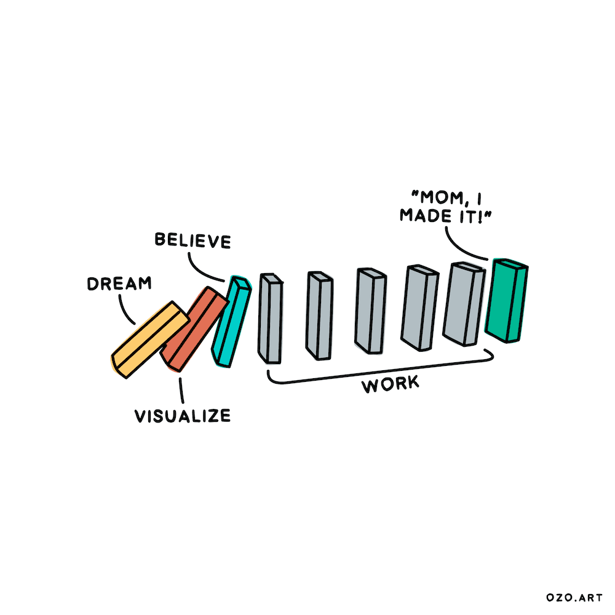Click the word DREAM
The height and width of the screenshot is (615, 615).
tap(119, 284)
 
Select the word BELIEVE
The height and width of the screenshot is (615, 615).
tap(193, 240)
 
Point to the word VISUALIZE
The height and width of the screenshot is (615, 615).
tap(183, 416)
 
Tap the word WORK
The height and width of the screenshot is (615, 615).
tap(390, 385)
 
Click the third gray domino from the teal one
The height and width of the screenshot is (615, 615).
tap(371, 311)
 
